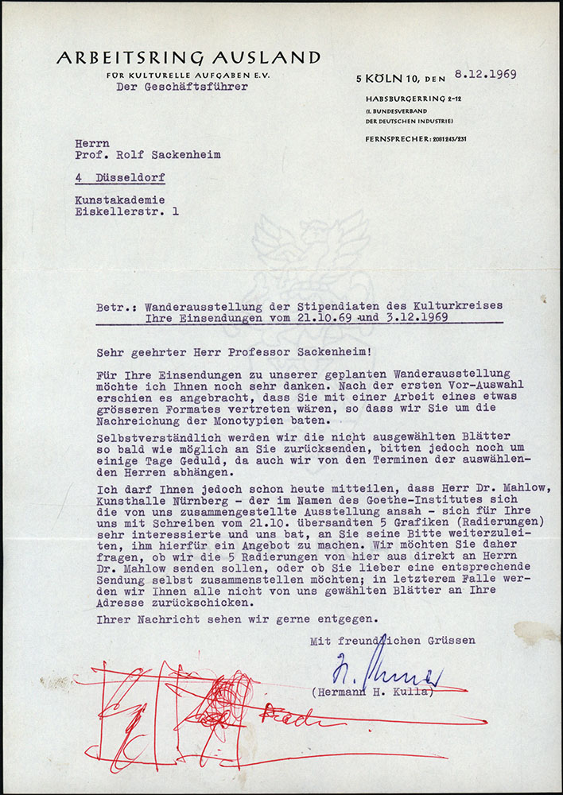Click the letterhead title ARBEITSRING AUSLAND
point(188,58)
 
